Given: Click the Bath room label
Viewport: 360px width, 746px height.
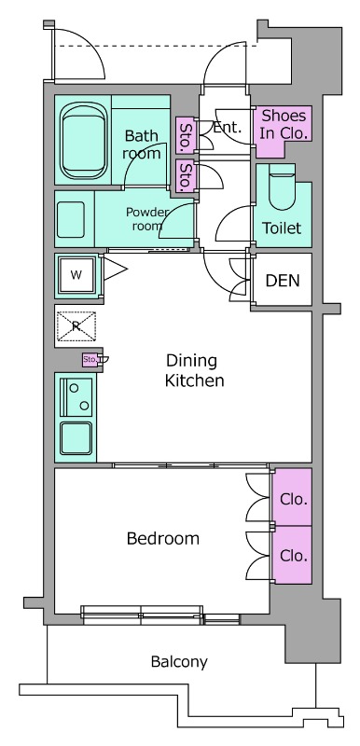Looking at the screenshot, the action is (142, 145).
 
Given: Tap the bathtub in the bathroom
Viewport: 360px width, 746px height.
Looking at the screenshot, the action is (83, 142).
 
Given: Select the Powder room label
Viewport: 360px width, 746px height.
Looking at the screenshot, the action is (147, 219).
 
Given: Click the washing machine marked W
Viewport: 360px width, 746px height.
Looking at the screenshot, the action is (76, 275).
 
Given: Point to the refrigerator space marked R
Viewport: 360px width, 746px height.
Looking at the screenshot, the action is (76, 326).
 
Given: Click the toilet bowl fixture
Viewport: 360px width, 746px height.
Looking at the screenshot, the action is (282, 188).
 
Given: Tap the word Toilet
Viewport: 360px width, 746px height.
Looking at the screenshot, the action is (282, 228).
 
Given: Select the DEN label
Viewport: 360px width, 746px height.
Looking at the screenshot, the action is (283, 281).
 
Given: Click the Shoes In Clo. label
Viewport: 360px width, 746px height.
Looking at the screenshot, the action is (284, 124).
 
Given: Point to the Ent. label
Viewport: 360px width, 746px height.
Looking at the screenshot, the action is (227, 127).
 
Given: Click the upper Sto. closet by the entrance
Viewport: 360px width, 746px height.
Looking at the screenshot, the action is (186, 135).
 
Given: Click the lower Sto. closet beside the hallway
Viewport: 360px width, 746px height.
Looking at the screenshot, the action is (186, 175).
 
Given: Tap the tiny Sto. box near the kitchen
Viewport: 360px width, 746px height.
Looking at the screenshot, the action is (90, 360).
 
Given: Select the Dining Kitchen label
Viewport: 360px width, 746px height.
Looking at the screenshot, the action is (194, 370).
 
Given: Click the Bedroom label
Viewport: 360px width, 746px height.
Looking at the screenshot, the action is (163, 539).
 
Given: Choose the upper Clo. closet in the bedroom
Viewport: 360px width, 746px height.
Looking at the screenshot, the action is (291, 497).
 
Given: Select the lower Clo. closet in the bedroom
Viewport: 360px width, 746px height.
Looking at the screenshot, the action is (291, 555).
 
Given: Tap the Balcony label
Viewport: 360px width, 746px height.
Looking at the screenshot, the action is (179, 662).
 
